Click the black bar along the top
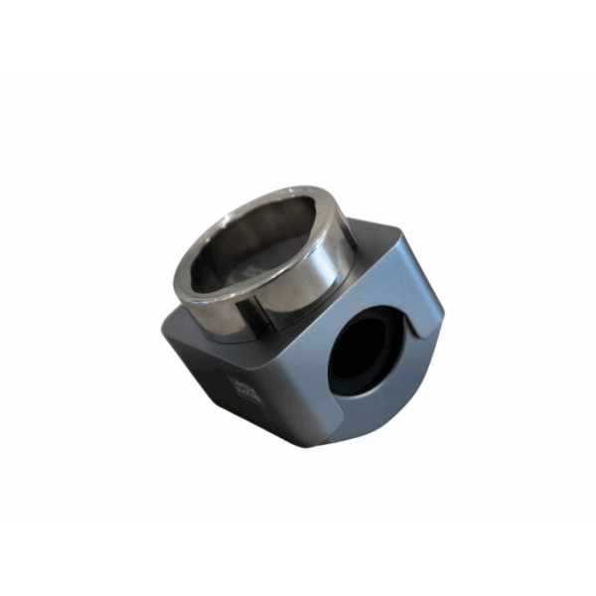click(x=298, y=36)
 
